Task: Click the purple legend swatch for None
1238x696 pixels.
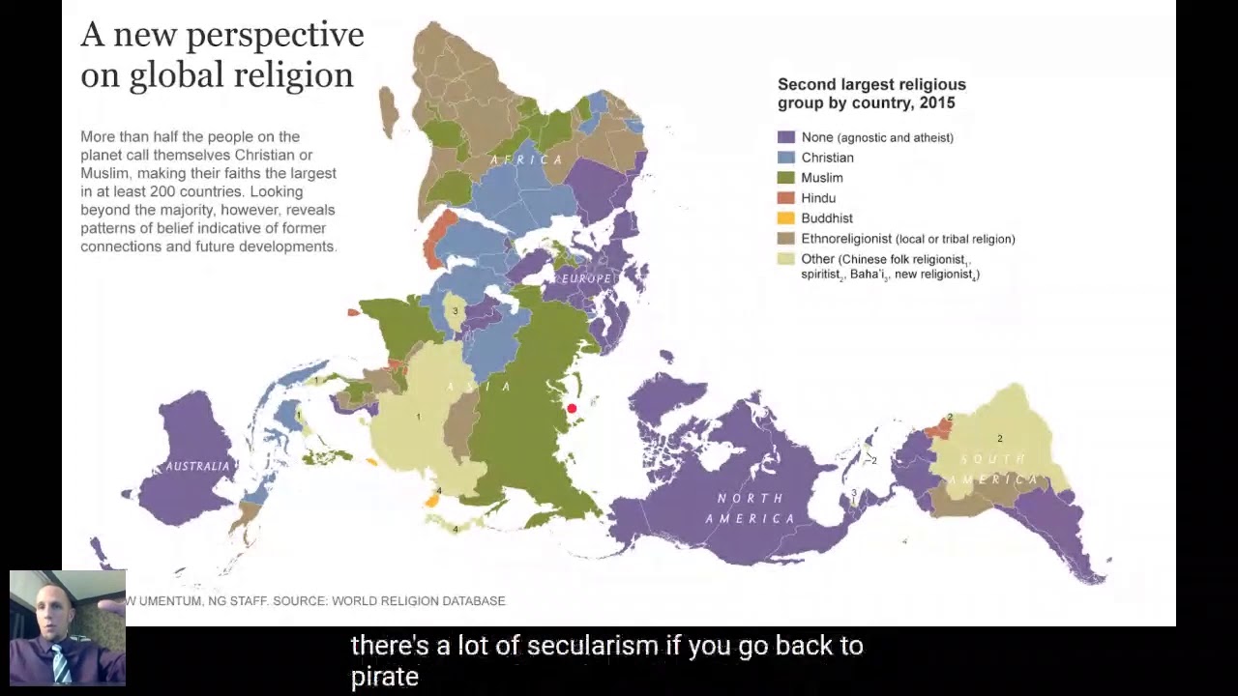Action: click(786, 137)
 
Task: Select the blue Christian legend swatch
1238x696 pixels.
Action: click(786, 158)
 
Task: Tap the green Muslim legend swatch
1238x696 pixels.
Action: click(786, 178)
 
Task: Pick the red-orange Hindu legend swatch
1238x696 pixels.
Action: click(786, 198)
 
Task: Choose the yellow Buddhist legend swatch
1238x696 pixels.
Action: click(786, 218)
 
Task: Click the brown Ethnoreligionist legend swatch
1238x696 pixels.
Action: click(786, 239)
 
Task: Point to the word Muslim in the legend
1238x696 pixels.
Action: click(822, 178)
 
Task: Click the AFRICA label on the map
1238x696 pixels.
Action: click(526, 159)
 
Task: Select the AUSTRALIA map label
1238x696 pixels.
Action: click(198, 466)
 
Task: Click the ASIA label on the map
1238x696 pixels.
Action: click(479, 387)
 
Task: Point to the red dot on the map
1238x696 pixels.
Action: click(572, 409)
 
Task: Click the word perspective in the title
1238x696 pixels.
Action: click(276, 35)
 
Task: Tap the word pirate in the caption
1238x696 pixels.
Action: click(384, 677)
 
